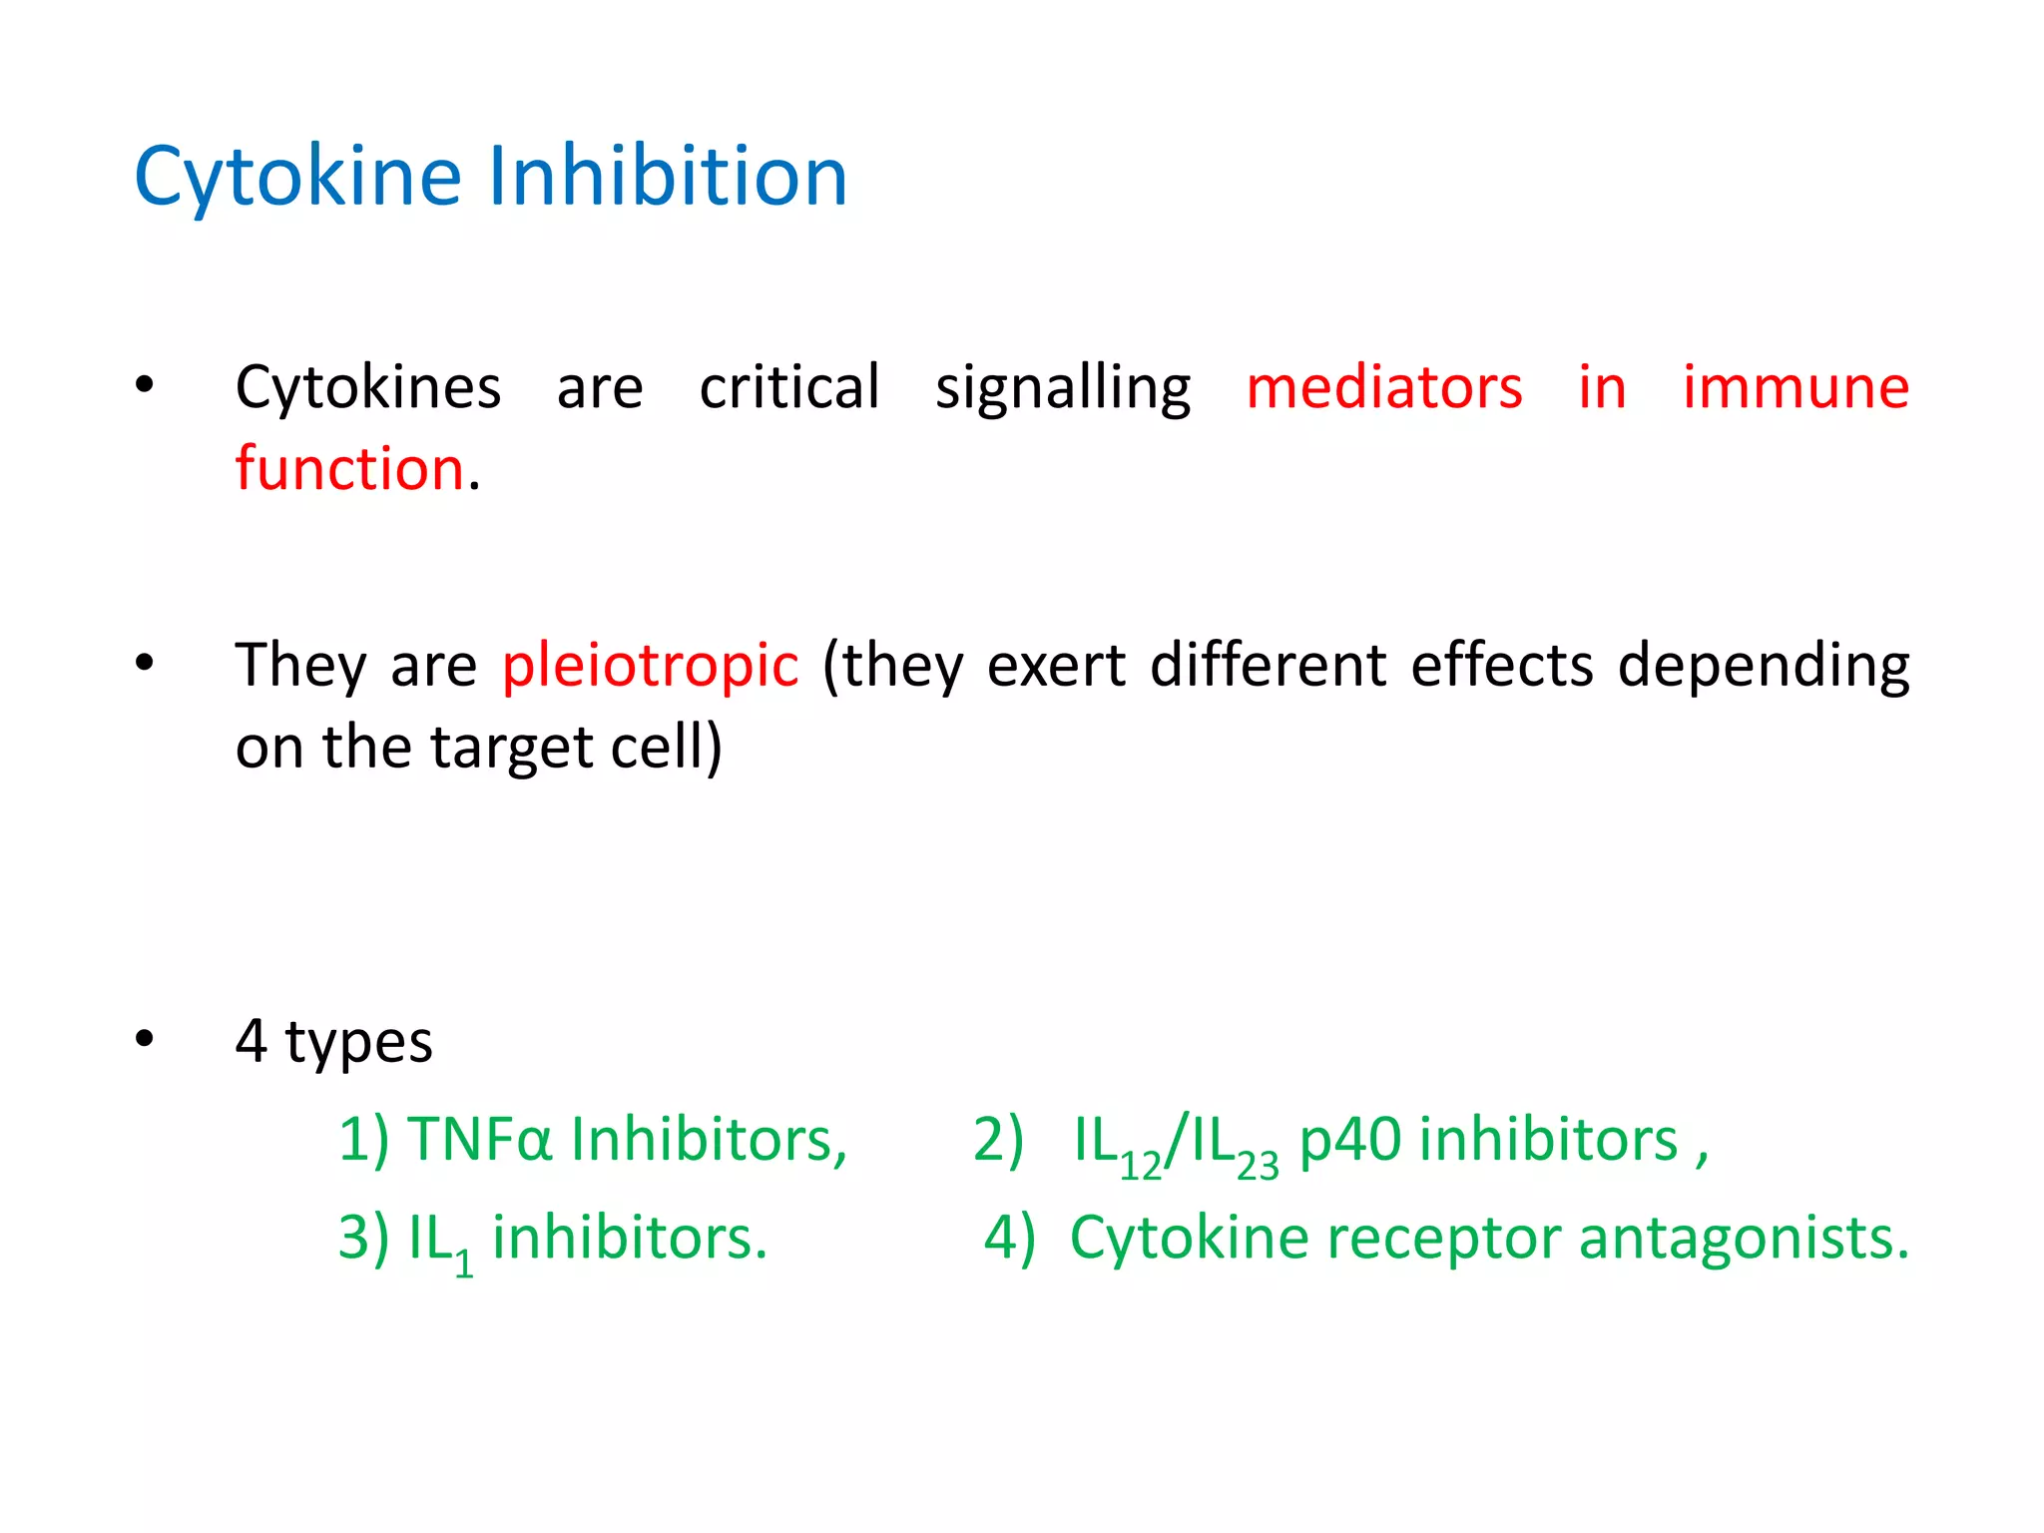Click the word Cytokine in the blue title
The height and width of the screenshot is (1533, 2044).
[x=297, y=177]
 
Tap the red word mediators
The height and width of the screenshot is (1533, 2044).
[x=1384, y=387]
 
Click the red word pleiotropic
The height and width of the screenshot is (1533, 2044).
[x=650, y=666]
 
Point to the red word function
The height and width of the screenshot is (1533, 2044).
[x=349, y=468]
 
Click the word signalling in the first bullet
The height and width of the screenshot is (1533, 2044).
[x=1063, y=387]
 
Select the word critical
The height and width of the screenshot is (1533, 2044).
[x=789, y=387]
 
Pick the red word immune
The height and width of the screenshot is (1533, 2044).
[x=1795, y=387]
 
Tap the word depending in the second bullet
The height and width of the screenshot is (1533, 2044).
[x=1764, y=666]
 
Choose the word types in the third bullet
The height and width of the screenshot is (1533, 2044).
[x=358, y=1042]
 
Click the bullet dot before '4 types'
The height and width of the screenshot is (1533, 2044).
[x=145, y=1039]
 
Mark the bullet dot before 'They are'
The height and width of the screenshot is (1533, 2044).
[x=145, y=662]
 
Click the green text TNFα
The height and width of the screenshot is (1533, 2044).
[x=480, y=1140]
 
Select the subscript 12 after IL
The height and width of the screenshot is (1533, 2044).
[x=1141, y=1166]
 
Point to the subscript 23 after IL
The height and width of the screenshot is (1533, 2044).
[x=1258, y=1166]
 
